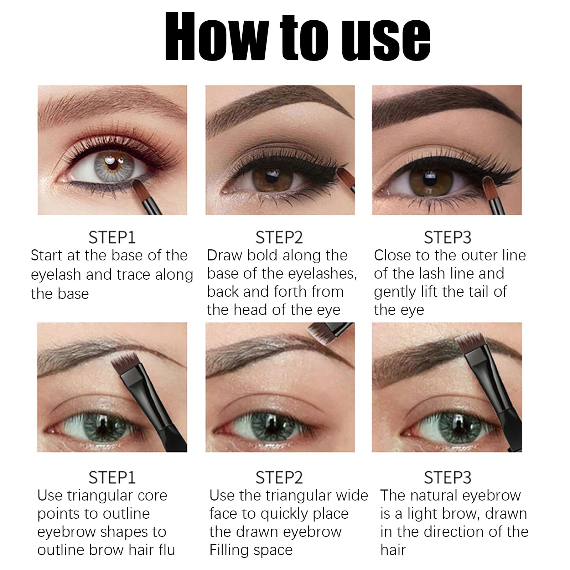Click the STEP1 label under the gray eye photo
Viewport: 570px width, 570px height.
(x=112, y=237)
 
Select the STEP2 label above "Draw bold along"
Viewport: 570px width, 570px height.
(x=279, y=237)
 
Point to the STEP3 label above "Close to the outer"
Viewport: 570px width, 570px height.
(x=447, y=237)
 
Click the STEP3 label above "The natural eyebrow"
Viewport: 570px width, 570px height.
(x=447, y=477)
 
